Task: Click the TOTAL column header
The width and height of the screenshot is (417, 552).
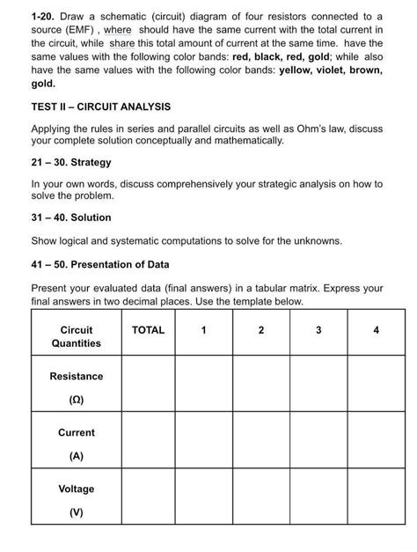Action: [148, 330]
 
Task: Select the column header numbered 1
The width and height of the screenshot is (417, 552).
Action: [203, 330]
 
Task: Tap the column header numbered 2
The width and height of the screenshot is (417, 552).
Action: [261, 330]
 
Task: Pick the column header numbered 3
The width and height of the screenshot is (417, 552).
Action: [318, 330]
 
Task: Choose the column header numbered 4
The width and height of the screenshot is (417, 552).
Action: [376, 330]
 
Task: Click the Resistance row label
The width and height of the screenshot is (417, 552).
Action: [77, 376]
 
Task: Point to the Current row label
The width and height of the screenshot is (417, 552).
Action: [77, 432]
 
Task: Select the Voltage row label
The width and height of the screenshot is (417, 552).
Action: [77, 489]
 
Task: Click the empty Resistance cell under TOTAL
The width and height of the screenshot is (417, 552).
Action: [148, 384]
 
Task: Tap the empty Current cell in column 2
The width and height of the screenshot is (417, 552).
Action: [261, 440]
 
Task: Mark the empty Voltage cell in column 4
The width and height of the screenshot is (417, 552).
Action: [376, 497]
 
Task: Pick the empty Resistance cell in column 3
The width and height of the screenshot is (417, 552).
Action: [318, 384]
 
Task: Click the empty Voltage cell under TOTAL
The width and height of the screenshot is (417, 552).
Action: [148, 497]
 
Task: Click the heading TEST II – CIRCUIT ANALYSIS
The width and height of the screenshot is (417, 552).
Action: [101, 107]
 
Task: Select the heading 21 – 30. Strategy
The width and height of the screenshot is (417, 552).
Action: [71, 162]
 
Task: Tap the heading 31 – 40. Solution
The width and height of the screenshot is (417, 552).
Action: [71, 217]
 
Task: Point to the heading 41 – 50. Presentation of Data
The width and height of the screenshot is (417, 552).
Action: [101, 264]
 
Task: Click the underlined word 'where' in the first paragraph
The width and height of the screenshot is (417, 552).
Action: [117, 29]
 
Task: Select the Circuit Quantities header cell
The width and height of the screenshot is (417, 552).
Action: [77, 336]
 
